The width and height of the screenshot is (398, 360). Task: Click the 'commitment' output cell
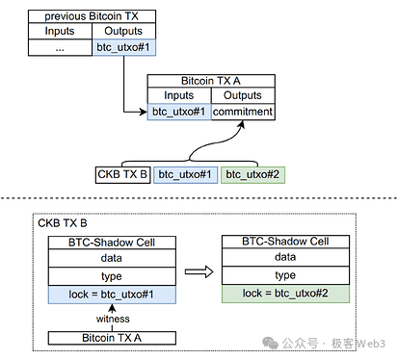pyautogui.click(x=242, y=112)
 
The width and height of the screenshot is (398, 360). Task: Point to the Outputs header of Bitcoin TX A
pyautogui.click(x=242, y=96)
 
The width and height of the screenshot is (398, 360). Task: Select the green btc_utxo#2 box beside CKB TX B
pyautogui.click(x=252, y=174)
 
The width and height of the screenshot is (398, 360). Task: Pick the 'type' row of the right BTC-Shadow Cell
pyautogui.click(x=285, y=274)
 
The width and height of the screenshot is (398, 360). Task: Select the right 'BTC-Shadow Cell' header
pyautogui.click(x=285, y=242)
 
